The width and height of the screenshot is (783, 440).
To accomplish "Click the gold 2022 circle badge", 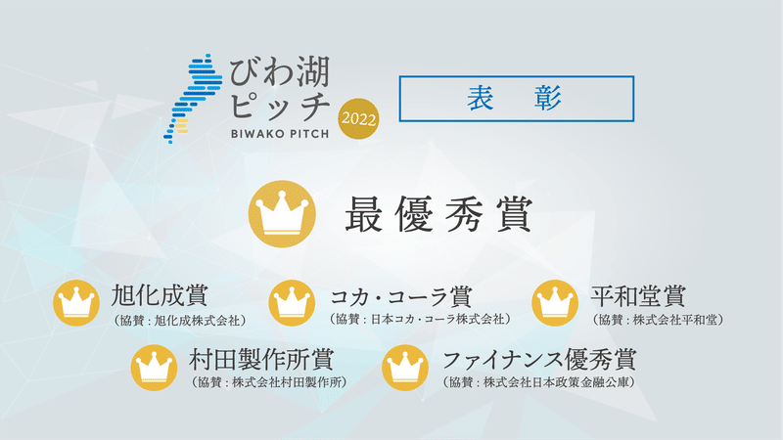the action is click(358, 118).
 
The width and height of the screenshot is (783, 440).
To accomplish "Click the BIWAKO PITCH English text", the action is click(280, 134).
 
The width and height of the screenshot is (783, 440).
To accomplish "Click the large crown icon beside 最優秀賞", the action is click(282, 214).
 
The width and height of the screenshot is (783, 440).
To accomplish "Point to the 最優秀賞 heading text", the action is click(438, 214).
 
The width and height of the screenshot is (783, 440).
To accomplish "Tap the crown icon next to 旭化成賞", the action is click(76, 303).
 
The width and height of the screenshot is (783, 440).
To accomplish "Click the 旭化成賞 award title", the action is click(160, 295).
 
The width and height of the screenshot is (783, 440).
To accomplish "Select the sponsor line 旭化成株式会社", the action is click(180, 321).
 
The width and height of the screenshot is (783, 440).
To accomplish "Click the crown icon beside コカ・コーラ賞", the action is click(292, 303).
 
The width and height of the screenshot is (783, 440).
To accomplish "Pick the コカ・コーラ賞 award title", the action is click(401, 296).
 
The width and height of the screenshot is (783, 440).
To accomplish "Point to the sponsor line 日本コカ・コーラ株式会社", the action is click(421, 320).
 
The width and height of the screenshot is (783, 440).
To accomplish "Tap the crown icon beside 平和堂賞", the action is click(555, 303).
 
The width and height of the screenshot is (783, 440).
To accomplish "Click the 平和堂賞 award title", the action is click(638, 296).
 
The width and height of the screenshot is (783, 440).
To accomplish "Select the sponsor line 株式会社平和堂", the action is click(658, 320).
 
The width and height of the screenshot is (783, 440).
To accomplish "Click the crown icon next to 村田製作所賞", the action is click(154, 368).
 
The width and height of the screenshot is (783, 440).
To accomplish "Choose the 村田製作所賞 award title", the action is click(261, 359).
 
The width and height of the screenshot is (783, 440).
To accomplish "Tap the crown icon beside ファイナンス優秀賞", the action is click(405, 368).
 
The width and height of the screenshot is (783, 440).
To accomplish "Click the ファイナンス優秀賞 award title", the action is click(539, 359).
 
